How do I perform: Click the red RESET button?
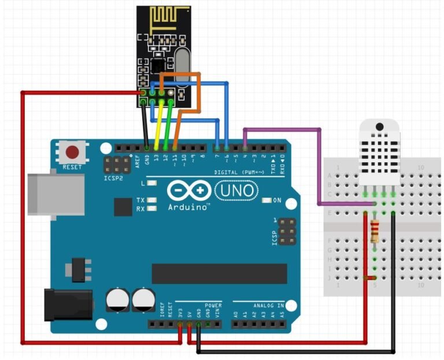point(72,153)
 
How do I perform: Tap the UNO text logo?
point(235,190)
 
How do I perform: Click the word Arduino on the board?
point(188,207)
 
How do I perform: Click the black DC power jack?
point(68,305)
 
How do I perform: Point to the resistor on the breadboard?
point(375,231)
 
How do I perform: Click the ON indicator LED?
point(267,201)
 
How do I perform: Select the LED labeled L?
point(153,183)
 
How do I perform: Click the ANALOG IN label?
point(268,305)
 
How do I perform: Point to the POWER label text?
point(213,305)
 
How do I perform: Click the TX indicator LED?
point(153,200)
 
